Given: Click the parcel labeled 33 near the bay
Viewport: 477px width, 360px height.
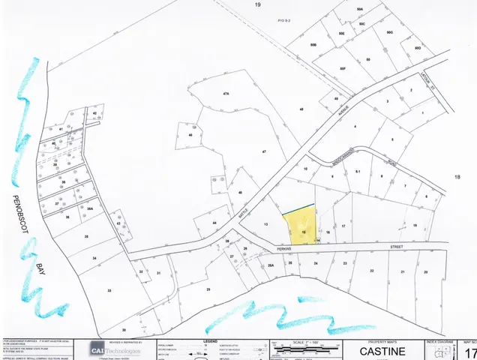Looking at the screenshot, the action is click(x=109, y=290).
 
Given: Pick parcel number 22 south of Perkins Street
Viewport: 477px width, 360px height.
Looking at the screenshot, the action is click(x=371, y=271).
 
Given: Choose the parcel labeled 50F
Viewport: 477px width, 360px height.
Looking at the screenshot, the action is click(x=342, y=68).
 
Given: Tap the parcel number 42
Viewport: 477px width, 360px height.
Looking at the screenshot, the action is click(x=95, y=112).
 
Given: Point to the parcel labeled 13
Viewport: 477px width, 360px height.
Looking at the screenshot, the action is click(x=265, y=224).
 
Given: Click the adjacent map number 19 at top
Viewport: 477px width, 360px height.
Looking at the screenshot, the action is click(x=257, y=5).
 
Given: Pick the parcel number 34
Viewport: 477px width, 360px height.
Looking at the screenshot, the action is click(x=94, y=258).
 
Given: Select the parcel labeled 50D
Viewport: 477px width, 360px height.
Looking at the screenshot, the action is click(x=418, y=48).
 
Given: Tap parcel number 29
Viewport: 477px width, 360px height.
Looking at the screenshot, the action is click(x=208, y=289).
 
